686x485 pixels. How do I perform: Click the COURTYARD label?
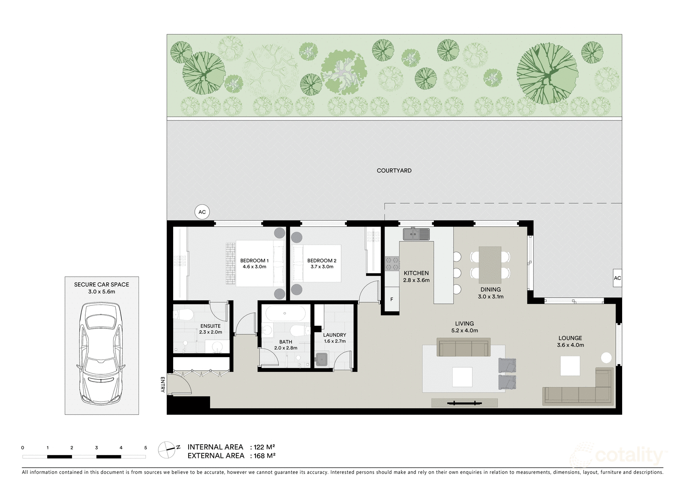[394, 170]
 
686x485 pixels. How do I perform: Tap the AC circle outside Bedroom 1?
[202, 212]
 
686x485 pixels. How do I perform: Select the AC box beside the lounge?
[617, 278]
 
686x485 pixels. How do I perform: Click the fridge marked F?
[391, 299]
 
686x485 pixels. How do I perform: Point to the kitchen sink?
[416, 234]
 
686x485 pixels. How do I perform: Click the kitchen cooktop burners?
[392, 263]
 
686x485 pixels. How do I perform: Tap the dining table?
[490, 264]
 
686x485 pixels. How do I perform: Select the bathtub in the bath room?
[285, 313]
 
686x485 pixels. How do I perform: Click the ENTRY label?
[162, 384]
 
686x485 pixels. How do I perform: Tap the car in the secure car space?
[102, 353]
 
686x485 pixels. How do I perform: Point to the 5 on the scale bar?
[145, 448]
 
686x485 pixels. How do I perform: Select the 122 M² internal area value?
[265, 447]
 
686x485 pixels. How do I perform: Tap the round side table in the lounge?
[606, 358]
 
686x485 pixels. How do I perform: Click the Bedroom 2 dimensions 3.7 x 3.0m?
[322, 267]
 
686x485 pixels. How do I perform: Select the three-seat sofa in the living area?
[463, 347]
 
